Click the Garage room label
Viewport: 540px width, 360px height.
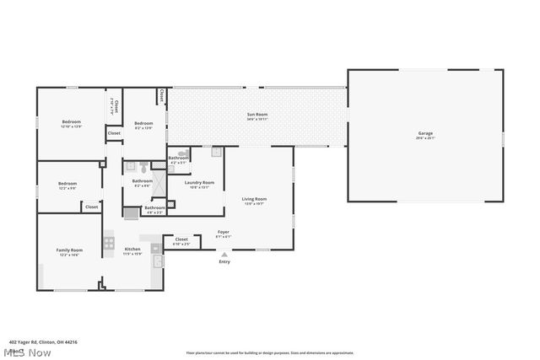click(x=425, y=134)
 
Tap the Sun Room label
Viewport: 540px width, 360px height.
click(x=257, y=115)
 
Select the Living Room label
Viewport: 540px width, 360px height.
click(x=254, y=199)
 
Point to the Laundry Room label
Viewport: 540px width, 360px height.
click(x=199, y=182)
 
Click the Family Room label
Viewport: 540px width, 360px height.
click(x=69, y=250)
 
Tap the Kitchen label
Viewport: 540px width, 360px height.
click(x=133, y=250)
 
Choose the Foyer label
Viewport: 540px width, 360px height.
click(x=224, y=232)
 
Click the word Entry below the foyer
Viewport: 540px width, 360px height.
click(x=224, y=262)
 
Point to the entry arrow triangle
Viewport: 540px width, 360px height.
click(x=224, y=254)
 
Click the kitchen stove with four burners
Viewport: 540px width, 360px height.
click(x=109, y=243)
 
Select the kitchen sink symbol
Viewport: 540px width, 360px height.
click(x=155, y=249)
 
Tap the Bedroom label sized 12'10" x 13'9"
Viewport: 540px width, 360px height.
click(x=71, y=122)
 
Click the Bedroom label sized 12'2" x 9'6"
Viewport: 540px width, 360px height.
click(x=67, y=184)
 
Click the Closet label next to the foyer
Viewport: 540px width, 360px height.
click(x=181, y=239)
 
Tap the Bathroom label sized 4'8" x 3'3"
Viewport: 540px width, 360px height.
click(x=155, y=207)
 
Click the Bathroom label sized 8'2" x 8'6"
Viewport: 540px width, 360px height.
click(x=142, y=180)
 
